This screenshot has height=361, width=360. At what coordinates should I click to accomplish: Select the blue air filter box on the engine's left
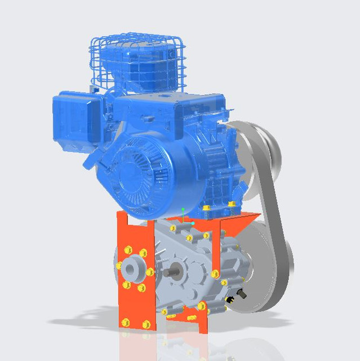76,118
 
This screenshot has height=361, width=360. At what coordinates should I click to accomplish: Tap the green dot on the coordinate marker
183,210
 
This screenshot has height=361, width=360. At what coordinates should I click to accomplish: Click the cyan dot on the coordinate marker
193,223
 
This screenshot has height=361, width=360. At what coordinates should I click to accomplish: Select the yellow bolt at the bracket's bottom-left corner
125,322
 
